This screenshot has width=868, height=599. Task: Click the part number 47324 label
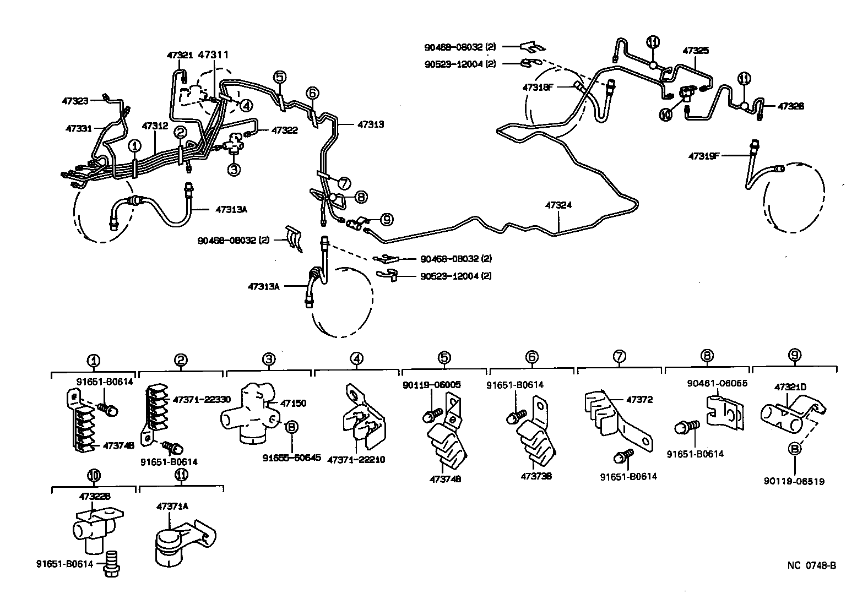(558, 205)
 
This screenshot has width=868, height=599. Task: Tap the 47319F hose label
(704, 156)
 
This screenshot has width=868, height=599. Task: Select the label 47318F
(538, 87)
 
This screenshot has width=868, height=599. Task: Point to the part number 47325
(696, 50)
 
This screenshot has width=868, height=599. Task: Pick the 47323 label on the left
(75, 101)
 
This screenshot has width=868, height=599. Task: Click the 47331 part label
(79, 128)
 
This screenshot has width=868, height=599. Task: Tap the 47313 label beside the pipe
(371, 124)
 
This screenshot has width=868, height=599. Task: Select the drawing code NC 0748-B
(811, 565)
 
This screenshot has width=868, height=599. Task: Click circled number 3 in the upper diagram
(234, 170)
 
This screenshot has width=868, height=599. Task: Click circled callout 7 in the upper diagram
(344, 182)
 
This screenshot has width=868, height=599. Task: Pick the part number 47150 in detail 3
(293, 403)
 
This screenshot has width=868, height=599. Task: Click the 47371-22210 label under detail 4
(356, 459)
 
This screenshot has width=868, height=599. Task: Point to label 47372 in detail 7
(639, 400)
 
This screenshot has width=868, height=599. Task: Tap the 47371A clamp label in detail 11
(172, 506)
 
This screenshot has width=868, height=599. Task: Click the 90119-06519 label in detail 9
(794, 481)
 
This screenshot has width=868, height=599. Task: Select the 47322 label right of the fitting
(284, 130)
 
